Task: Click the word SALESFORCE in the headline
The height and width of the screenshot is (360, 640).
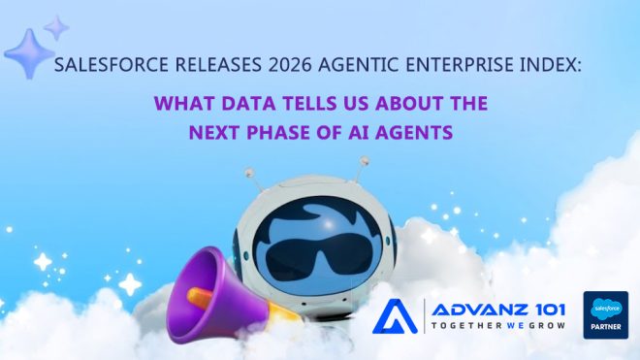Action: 111,65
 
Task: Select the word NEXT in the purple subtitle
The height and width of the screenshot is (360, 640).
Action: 214,132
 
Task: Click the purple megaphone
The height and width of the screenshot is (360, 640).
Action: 216,295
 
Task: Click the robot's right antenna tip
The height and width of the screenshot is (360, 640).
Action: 365,161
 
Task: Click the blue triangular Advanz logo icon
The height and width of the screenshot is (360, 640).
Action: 395,316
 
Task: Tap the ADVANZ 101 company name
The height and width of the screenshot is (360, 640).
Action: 498,310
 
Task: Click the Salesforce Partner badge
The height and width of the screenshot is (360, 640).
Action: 606,315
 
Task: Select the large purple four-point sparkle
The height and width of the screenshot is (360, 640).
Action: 28,53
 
